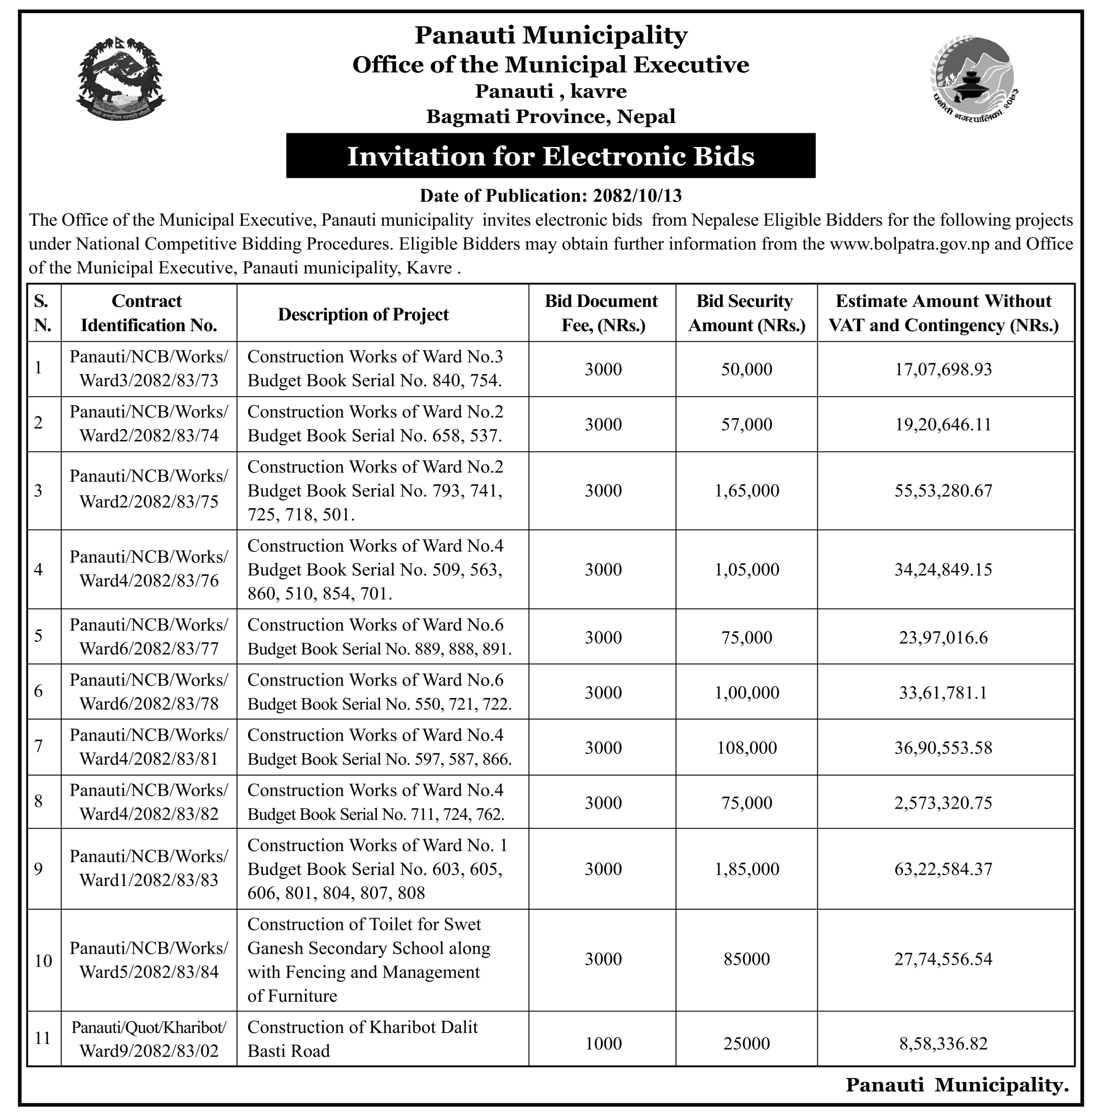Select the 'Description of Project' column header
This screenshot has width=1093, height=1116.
click(x=363, y=314)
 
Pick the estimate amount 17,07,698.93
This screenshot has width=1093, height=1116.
click(x=943, y=369)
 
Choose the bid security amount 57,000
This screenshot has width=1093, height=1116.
click(x=746, y=424)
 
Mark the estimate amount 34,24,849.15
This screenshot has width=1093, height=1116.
click(x=943, y=570)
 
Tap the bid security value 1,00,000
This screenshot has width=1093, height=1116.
click(x=746, y=692)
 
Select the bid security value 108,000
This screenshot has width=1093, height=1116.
click(x=746, y=747)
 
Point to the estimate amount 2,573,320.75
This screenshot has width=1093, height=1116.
click(x=943, y=802)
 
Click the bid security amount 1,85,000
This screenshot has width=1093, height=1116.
click(x=746, y=869)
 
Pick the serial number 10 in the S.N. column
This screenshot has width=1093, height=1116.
click(x=43, y=960)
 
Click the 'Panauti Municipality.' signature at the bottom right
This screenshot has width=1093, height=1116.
click(x=956, y=1084)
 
